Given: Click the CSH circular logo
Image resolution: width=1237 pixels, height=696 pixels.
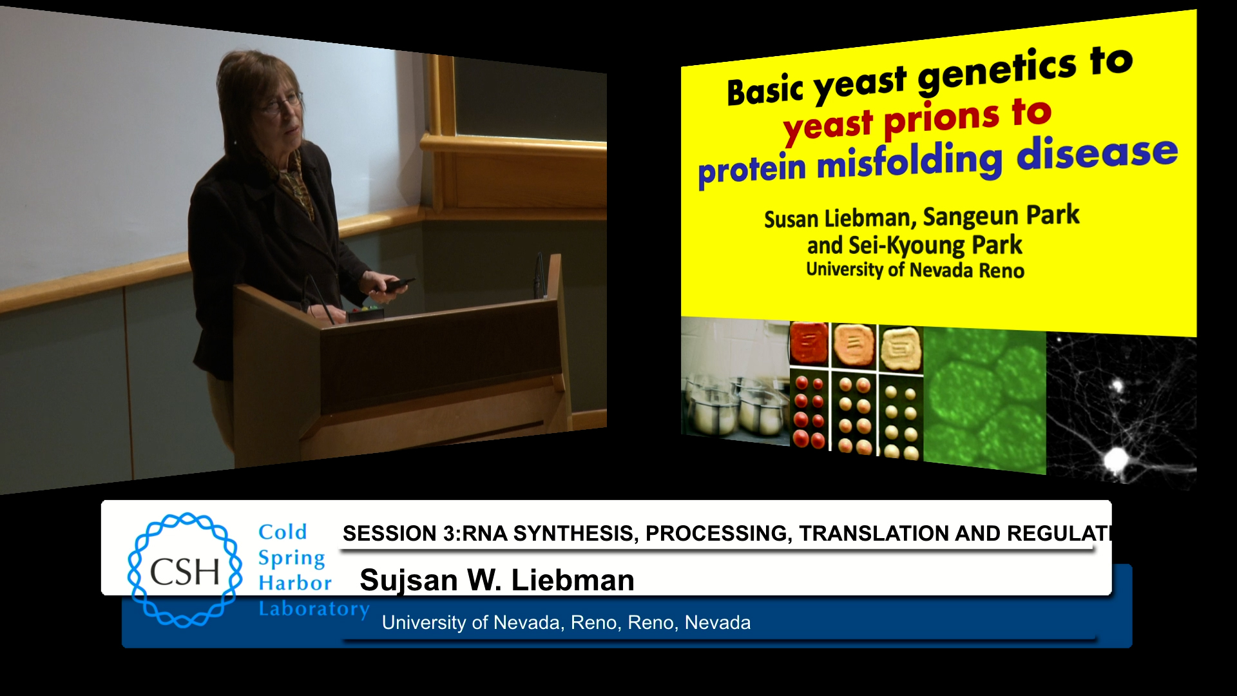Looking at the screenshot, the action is [x=185, y=570].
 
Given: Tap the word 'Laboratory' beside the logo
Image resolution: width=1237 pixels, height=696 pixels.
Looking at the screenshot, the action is [x=314, y=608].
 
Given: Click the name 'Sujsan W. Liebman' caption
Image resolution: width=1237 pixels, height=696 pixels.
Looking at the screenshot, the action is [x=497, y=580].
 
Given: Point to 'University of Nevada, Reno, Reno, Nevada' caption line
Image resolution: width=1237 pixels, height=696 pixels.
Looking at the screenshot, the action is [x=566, y=623].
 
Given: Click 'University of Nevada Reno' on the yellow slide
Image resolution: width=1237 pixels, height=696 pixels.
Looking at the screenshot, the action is [x=915, y=269].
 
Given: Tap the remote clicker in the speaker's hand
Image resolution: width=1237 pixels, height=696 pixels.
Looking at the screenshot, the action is [x=398, y=285].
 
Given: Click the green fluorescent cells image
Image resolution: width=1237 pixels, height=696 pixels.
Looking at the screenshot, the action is [x=984, y=399].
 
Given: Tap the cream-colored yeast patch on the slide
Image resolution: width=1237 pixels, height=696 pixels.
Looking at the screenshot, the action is [x=901, y=348].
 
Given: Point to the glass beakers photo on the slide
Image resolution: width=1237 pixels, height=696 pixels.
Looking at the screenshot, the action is [x=735, y=380].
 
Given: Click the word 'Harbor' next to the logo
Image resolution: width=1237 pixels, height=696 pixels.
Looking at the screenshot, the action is [x=295, y=583].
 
